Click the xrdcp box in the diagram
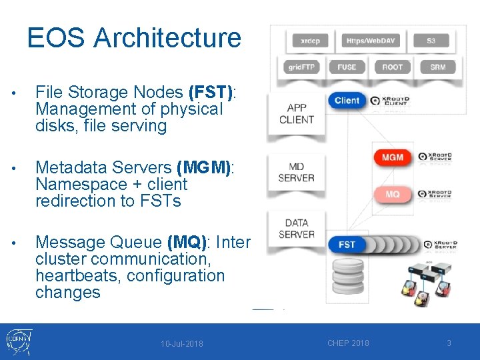click(310, 41)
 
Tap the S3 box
click(431, 41)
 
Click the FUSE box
click(347, 67)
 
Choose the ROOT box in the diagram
click(392, 67)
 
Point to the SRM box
click(438, 67)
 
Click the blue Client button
click(347, 101)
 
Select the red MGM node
click(393, 157)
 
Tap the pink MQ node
click(393, 194)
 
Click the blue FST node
click(347, 245)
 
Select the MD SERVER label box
click(296, 172)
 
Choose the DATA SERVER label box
click(296, 229)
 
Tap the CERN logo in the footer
click(18, 342)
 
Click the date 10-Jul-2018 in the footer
click(182, 344)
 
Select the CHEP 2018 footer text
click(348, 343)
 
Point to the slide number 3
click(449, 343)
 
